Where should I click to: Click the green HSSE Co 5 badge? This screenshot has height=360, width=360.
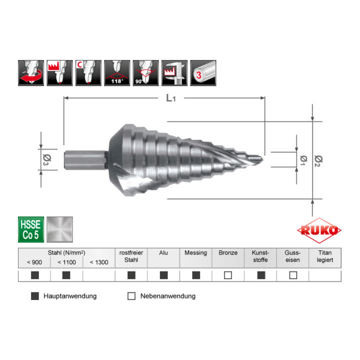click(x=31, y=229)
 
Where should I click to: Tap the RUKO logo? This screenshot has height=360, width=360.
click(x=319, y=230)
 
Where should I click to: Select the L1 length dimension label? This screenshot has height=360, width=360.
click(x=171, y=98)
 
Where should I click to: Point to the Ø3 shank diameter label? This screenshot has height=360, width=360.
click(x=47, y=160)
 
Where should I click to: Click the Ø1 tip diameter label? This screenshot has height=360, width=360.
click(x=303, y=160)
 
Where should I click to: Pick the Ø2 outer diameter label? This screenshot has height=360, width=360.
click(x=318, y=160)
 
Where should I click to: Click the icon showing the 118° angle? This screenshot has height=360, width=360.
click(x=117, y=73)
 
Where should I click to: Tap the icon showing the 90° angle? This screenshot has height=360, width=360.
click(x=146, y=73)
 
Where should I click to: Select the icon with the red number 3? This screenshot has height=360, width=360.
click(x=203, y=73)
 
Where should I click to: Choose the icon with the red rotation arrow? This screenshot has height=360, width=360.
click(x=31, y=73)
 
